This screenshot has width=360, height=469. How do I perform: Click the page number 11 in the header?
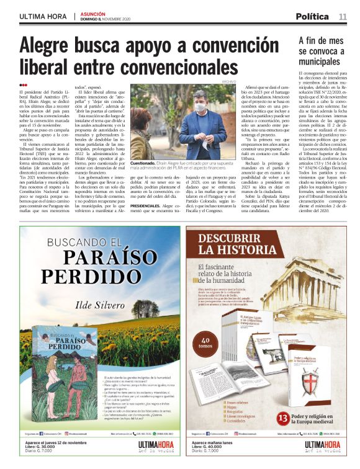(x=343, y=16)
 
